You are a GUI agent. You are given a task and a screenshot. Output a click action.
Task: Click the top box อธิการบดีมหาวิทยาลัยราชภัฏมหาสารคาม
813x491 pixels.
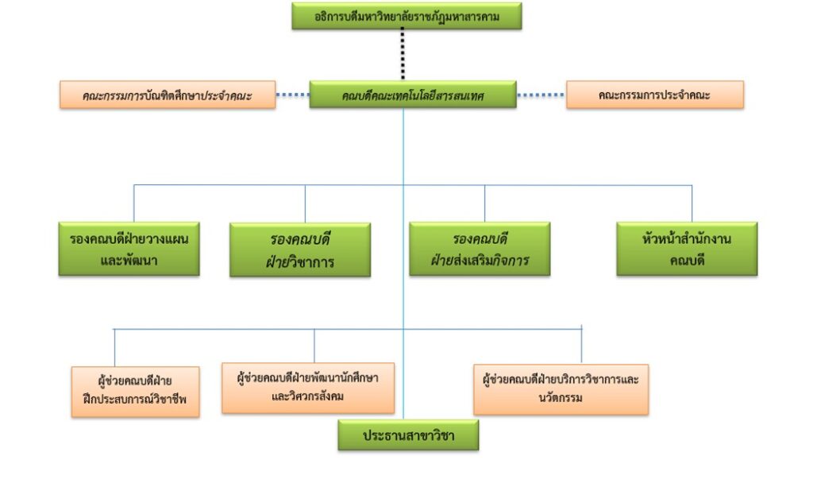pos(406,16)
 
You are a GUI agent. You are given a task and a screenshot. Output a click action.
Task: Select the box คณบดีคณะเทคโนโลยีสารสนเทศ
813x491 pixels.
pos(413,95)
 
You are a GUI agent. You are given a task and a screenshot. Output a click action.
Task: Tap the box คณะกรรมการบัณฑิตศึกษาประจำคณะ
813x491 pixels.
pos(168,95)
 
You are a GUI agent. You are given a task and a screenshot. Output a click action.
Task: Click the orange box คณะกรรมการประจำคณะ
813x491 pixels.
pos(654,95)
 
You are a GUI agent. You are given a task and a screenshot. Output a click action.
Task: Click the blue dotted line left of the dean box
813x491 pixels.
pos(292,95)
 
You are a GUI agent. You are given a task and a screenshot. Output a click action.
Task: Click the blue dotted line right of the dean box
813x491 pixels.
pos(541,95)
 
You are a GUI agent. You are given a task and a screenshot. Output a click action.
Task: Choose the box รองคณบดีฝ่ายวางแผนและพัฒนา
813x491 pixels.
pos(129,249)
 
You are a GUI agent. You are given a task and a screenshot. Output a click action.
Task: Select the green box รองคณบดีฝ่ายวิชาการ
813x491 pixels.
pos(300,249)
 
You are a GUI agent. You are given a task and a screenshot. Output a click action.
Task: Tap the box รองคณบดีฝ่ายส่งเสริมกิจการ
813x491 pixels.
pos(480,249)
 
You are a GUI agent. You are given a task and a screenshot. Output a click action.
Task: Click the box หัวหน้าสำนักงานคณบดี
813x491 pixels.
pos(687,249)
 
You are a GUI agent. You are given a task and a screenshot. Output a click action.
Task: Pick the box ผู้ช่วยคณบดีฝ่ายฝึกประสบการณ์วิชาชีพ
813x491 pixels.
pos(135,391)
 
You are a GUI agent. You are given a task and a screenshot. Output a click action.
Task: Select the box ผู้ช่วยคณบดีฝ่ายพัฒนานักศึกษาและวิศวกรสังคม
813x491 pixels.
pos(308,387)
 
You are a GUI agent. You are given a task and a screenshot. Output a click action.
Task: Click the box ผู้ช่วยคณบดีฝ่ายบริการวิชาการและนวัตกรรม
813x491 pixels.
pos(561,389)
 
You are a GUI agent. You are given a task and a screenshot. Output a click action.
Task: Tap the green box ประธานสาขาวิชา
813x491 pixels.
pos(408,435)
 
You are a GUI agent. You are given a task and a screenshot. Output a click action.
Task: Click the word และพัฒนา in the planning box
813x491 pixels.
pos(129,261)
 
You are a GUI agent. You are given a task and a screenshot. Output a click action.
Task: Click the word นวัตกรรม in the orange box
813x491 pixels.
pos(561,397)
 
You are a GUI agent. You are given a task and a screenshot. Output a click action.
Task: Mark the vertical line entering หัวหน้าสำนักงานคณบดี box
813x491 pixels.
pos(692,203)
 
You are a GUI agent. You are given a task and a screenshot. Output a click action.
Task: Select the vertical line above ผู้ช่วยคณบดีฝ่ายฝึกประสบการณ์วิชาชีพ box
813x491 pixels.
pos(114,347)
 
